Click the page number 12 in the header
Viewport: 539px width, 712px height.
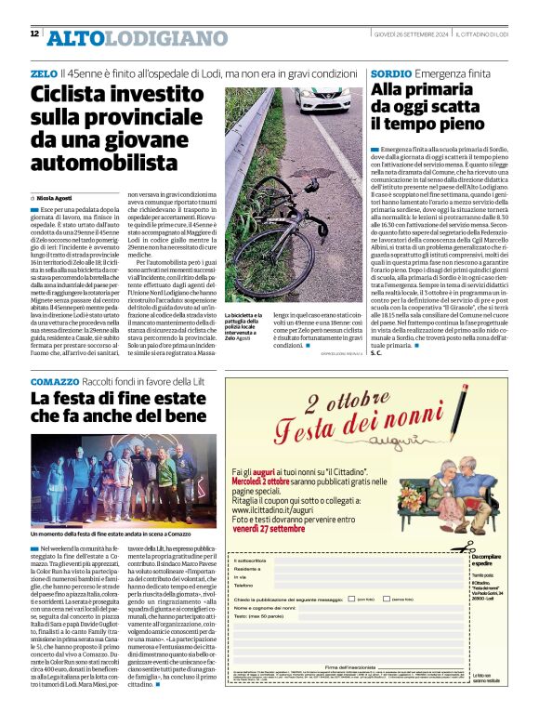(34, 34)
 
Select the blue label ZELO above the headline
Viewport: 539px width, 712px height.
(43, 73)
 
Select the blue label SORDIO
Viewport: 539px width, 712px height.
(391, 73)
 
